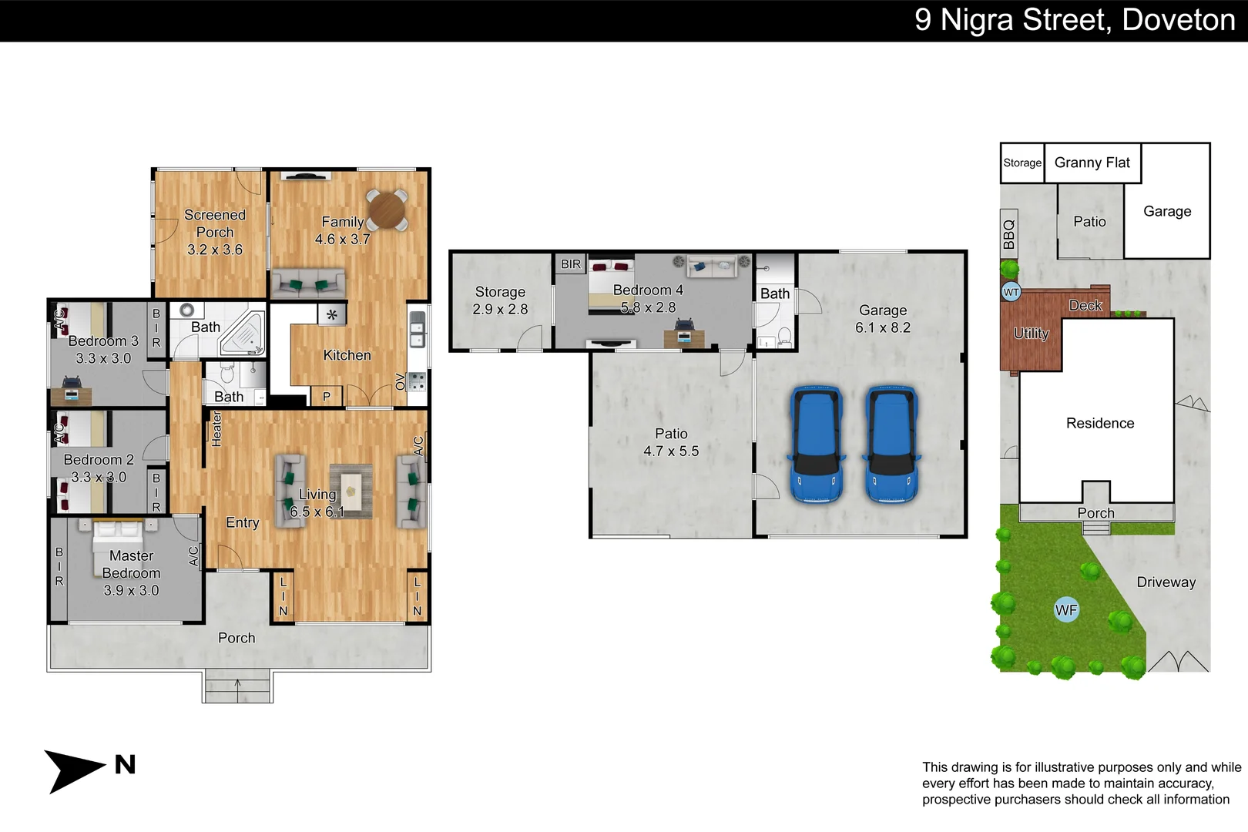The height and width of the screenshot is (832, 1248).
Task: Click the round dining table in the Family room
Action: tap(387, 210)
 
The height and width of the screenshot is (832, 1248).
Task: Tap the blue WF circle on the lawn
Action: tap(1066, 610)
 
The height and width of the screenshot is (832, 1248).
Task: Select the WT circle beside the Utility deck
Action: tap(1011, 292)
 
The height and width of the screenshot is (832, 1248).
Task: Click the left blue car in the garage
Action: tap(816, 445)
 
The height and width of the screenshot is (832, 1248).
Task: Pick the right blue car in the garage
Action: tap(892, 445)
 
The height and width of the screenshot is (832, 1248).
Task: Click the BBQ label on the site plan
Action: tap(1009, 234)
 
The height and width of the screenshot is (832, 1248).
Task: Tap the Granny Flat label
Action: tap(1092, 163)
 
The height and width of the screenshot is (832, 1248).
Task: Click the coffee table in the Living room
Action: tap(351, 491)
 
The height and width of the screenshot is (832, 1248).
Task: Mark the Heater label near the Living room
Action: tap(216, 429)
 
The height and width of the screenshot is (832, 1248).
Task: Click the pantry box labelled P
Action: tap(327, 397)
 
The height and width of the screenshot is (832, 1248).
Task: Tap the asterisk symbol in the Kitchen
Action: tap(332, 314)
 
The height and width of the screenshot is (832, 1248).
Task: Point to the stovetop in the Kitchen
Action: tap(417, 381)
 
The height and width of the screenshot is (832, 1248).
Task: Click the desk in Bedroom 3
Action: tap(71, 395)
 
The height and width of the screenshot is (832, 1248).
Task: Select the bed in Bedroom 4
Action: tap(611, 287)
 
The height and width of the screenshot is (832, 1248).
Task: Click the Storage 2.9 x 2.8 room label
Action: tap(500, 300)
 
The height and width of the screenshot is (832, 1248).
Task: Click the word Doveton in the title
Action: tap(1178, 20)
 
